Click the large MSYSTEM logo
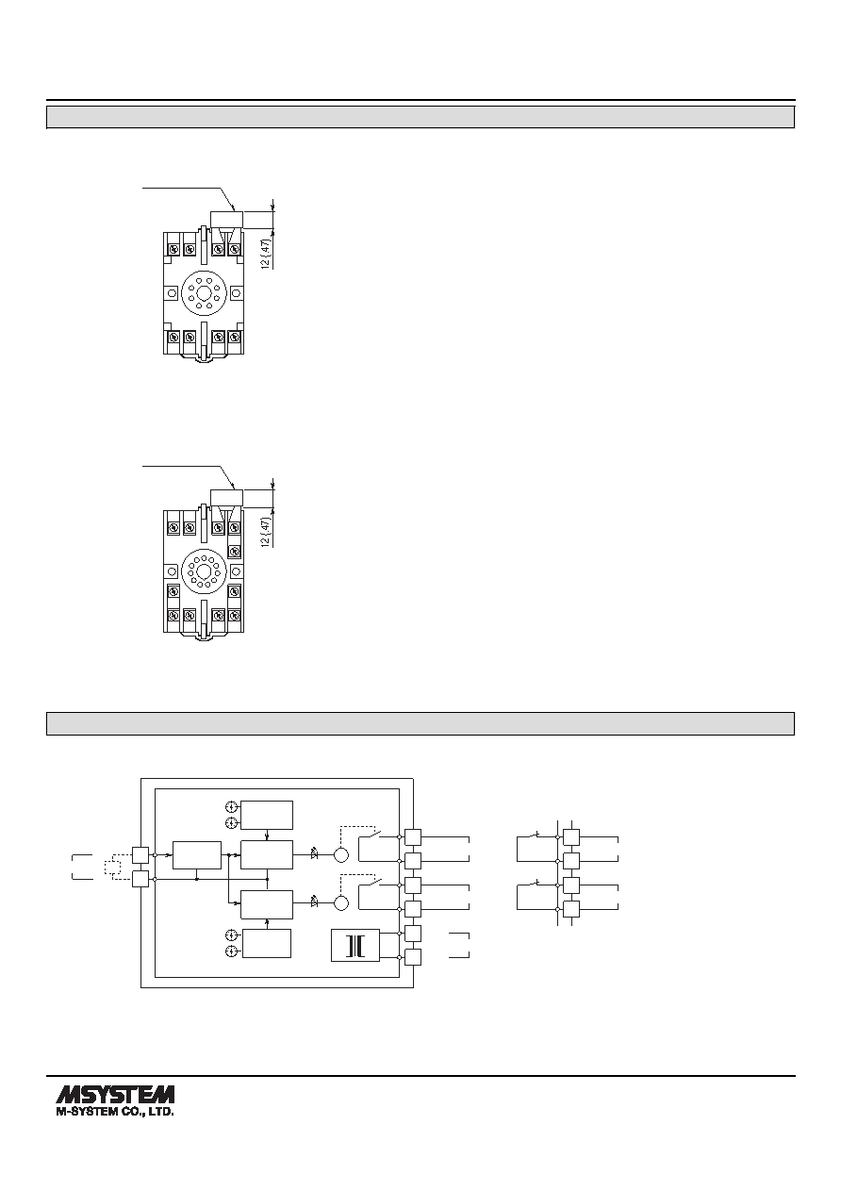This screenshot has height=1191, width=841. click(x=115, y=1095)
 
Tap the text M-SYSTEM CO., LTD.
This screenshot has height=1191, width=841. click(x=115, y=1112)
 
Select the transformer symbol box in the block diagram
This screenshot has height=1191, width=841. click(x=355, y=945)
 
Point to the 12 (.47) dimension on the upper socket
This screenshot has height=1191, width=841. click(x=267, y=253)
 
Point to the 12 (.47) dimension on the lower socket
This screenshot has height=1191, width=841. click(x=267, y=531)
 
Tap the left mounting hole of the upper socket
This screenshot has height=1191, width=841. click(x=173, y=293)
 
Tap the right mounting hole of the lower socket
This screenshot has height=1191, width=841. click(x=237, y=571)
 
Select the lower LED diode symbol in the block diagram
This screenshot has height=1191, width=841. click(x=314, y=902)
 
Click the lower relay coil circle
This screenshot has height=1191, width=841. click(x=341, y=902)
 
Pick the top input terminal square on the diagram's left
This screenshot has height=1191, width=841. click(x=140, y=855)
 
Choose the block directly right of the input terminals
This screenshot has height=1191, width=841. click(x=197, y=855)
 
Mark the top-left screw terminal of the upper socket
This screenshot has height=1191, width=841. click(x=173, y=249)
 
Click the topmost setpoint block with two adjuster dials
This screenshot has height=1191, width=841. click(x=267, y=815)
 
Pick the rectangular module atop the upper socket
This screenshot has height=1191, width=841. click(x=227, y=219)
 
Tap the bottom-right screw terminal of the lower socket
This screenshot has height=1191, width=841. click(x=235, y=615)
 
